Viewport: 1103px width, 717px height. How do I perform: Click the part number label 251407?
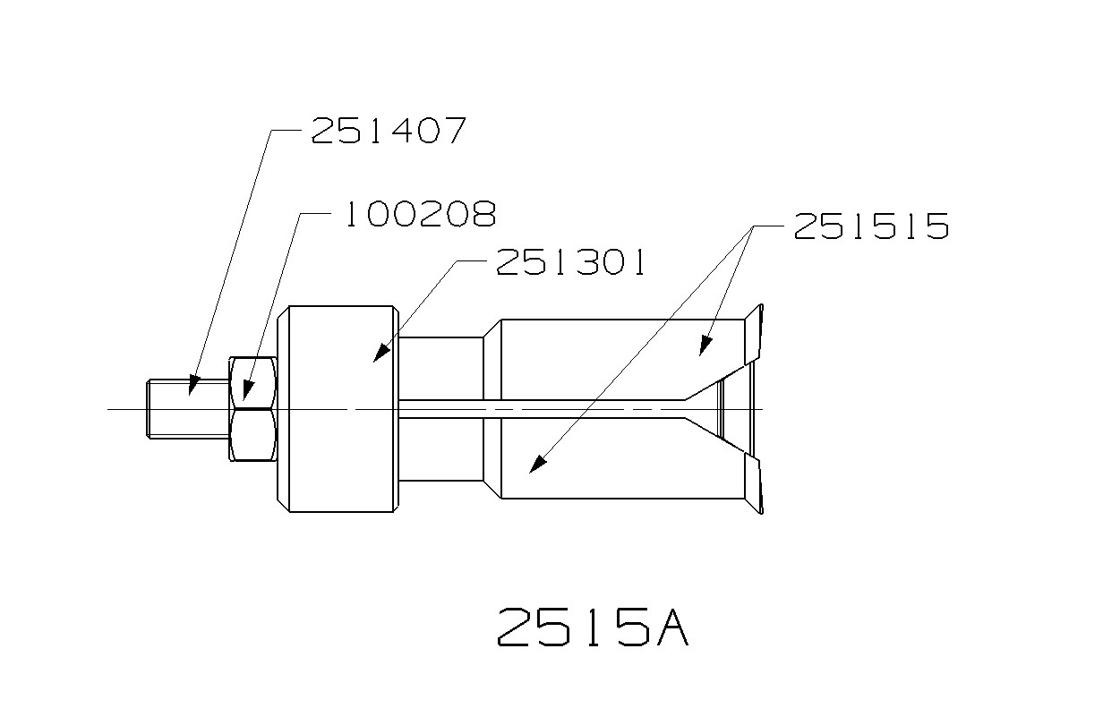coord(388,131)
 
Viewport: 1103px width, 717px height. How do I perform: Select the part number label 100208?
coord(419,214)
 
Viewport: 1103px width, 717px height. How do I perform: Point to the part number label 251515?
coord(870,226)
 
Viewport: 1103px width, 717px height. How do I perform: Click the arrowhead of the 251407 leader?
coord(191,387)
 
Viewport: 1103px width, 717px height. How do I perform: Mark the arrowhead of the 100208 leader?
coord(249,390)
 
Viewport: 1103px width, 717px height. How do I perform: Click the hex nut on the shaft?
coord(253,409)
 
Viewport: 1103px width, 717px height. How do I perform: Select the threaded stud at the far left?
coord(184,409)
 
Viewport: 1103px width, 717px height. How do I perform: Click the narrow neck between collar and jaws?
coord(441,409)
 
